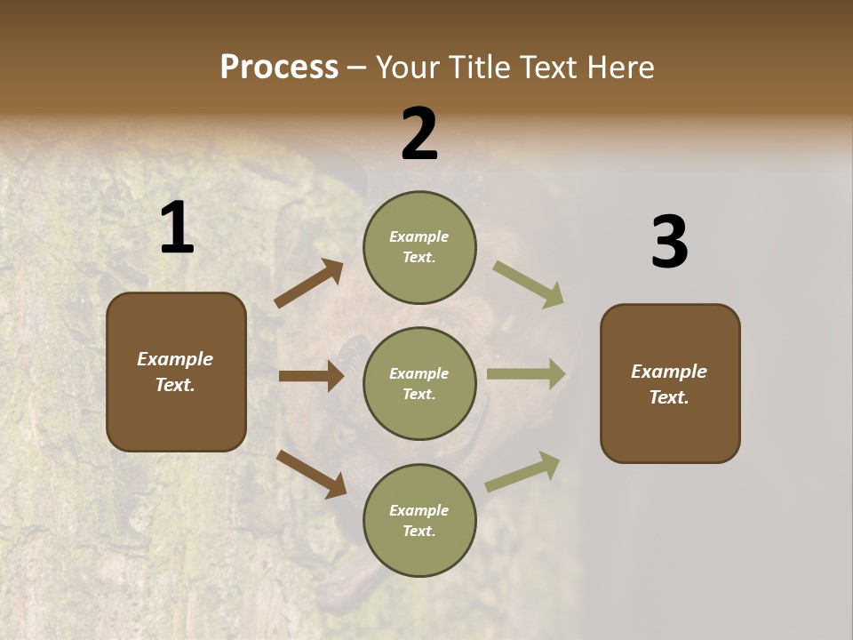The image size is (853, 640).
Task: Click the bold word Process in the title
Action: click(x=279, y=68)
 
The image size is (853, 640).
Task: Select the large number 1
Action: click(x=177, y=228)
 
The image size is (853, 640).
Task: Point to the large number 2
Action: click(x=419, y=134)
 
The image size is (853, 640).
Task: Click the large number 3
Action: click(x=669, y=244)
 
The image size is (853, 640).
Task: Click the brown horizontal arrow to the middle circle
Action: click(x=311, y=376)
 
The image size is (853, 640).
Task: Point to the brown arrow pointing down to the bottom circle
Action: click(x=311, y=473)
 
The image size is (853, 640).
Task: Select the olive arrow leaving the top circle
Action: click(x=529, y=284)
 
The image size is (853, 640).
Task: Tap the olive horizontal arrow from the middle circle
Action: click(x=526, y=374)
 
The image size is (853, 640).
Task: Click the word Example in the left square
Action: click(x=175, y=359)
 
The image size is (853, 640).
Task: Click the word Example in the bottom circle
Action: click(x=419, y=510)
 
